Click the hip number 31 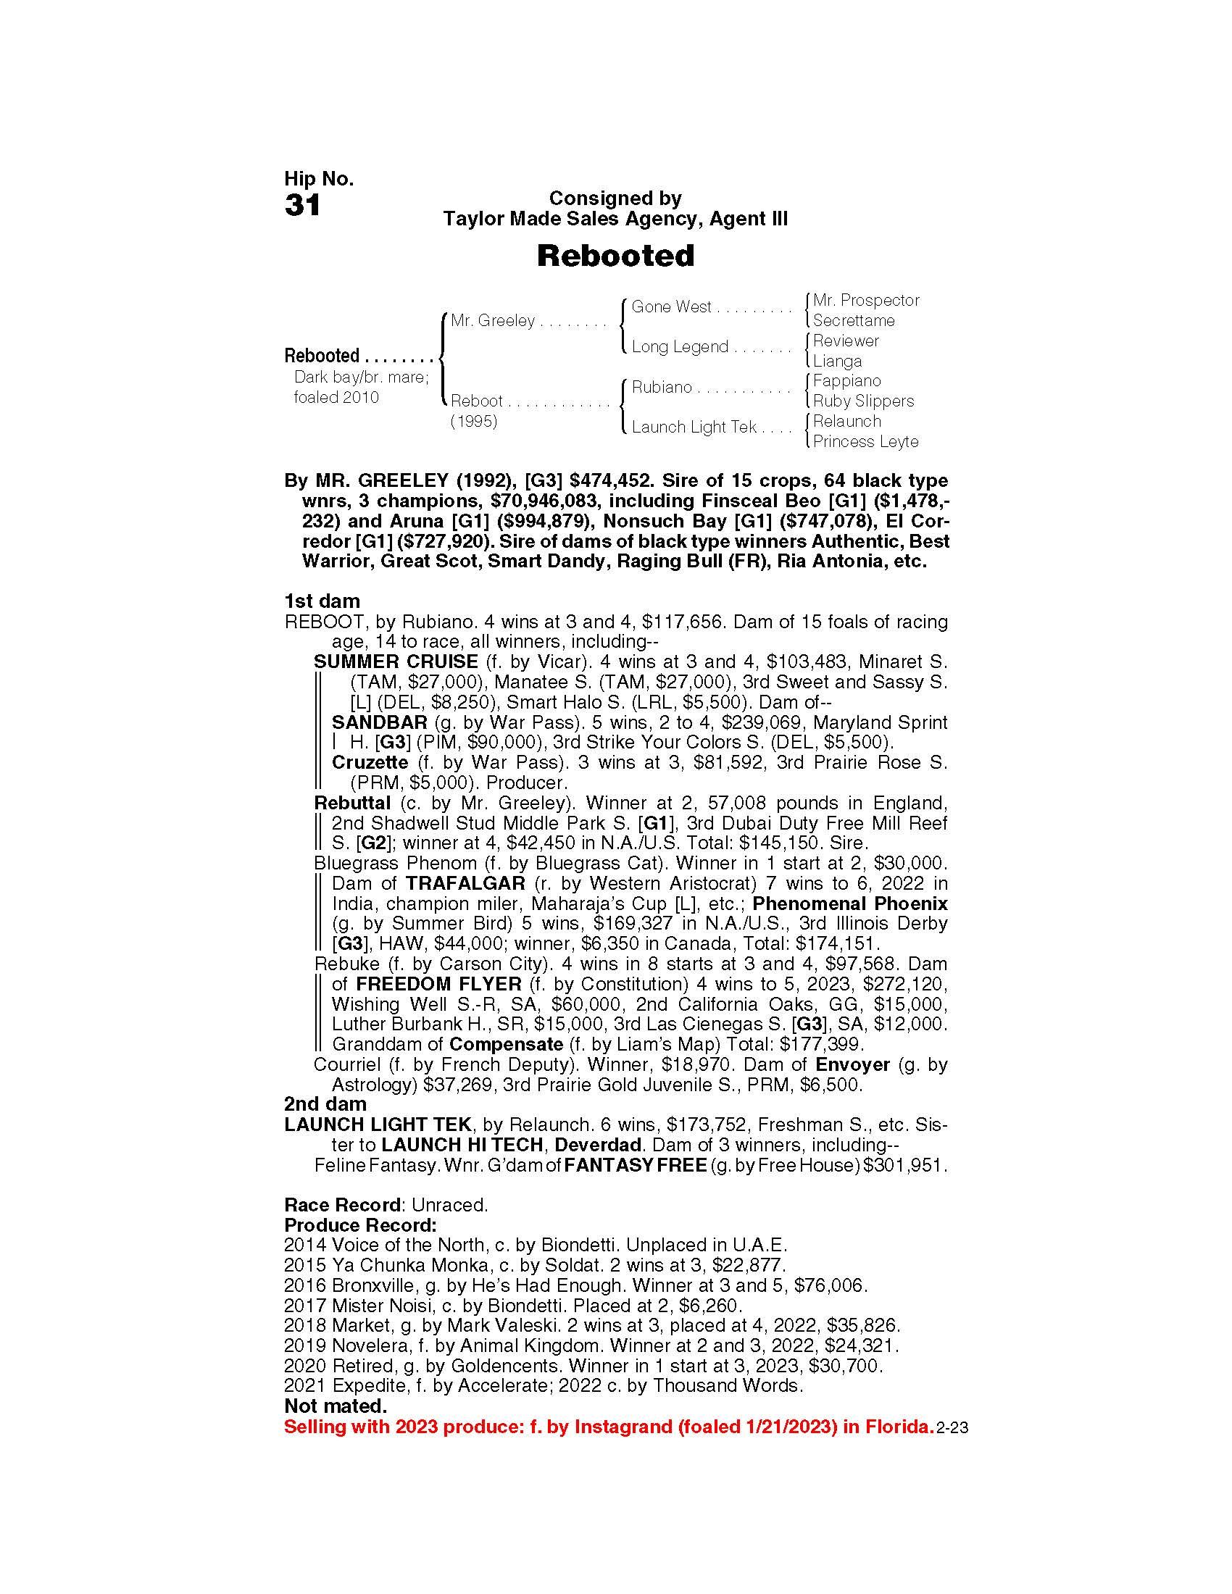303,206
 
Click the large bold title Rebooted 615,256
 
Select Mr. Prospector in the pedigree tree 865,300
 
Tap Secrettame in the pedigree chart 853,320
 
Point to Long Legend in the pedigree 680,346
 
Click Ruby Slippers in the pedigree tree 862,401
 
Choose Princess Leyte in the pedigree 865,441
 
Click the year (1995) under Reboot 474,422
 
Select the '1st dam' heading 322,601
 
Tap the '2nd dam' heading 325,1104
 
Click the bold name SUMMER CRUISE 396,662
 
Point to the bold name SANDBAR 380,722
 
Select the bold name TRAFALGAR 465,883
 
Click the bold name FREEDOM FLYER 438,984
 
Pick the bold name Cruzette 370,763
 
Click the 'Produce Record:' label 360,1225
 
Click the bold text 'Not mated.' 335,1406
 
